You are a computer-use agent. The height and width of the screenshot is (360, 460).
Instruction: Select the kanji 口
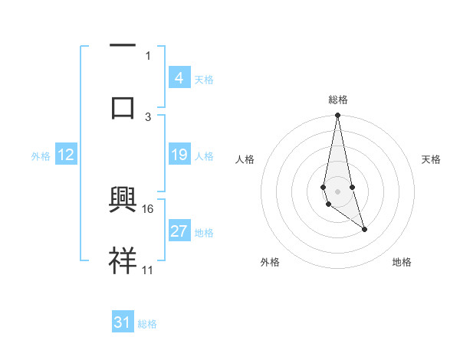coord(123,107)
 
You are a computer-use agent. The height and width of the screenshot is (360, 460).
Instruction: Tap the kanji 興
coord(123,200)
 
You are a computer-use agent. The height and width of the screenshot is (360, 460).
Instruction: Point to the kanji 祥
coord(123,260)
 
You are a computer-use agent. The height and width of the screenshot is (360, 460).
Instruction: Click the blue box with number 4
coord(179,77)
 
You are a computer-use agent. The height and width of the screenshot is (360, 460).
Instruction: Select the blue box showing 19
coord(179,155)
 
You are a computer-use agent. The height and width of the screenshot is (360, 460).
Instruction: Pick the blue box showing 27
coord(179,231)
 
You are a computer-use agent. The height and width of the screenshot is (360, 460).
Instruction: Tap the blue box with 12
coord(66,155)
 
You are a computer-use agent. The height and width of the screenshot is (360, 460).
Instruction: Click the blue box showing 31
coord(123,322)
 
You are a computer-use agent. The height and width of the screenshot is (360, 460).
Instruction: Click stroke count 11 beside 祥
coord(148,270)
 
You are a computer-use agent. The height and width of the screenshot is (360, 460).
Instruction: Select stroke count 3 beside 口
coord(148,116)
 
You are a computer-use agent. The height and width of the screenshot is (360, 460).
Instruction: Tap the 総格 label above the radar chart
coord(338,100)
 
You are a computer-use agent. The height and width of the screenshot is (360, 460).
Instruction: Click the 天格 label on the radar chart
coord(431,159)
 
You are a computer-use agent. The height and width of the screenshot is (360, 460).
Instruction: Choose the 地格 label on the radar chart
coord(402,262)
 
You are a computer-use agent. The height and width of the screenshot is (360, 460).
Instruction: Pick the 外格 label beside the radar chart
coord(270,262)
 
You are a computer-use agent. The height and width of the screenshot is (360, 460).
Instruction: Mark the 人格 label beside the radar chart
coord(245,159)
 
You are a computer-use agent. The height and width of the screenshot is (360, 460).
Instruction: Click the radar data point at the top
coord(338,116)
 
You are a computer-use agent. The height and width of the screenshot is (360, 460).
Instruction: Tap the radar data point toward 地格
coord(364,229)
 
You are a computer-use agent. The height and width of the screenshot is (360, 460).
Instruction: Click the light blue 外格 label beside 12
coord(41,155)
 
